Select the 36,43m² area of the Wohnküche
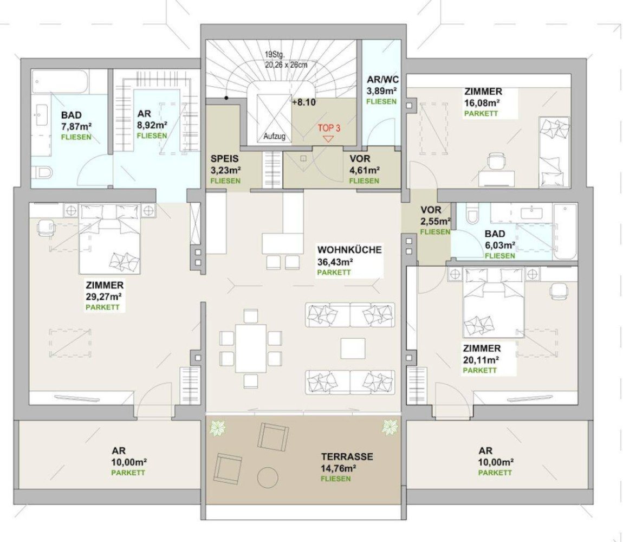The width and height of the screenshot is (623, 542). (x=335, y=261)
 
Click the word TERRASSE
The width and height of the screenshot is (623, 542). (x=347, y=457)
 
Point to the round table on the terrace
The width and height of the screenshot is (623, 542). (x=268, y=478)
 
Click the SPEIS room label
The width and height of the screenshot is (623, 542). (x=224, y=159)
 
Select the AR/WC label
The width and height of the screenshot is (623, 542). (x=382, y=80)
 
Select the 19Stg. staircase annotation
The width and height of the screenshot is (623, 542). (x=274, y=55)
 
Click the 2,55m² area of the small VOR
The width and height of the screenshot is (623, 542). (x=436, y=221)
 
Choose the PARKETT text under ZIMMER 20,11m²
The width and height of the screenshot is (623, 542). (x=479, y=370)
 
